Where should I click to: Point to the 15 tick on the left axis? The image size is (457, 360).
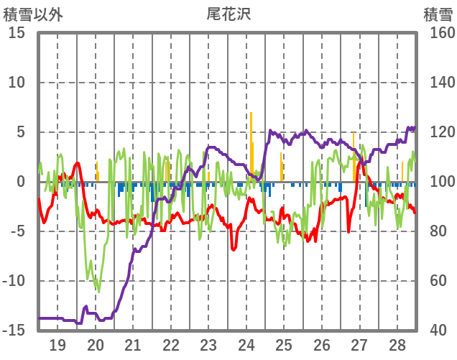tap(17, 33)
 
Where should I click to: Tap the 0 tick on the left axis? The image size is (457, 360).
tap(21, 182)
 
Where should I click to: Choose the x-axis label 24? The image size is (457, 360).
tap(246, 344)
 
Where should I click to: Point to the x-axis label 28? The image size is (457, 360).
tap(397, 344)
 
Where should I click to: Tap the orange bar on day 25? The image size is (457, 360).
tap(281, 167)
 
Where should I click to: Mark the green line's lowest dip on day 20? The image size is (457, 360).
tap(98, 291)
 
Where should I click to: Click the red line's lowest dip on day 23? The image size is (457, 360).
tap(234, 249)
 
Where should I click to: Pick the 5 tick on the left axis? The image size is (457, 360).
tap(21, 132)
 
